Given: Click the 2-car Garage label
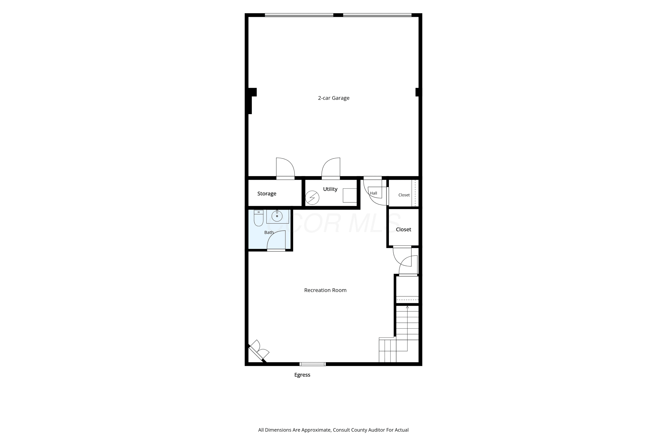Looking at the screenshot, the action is (x=333, y=98).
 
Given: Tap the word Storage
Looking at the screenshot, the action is (x=267, y=194).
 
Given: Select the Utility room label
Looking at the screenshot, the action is (x=330, y=189).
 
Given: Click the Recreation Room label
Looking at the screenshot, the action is (x=325, y=290).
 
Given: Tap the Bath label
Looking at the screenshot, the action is (x=269, y=233).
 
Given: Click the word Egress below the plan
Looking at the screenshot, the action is (x=302, y=375).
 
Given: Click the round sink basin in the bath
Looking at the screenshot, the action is (x=277, y=216).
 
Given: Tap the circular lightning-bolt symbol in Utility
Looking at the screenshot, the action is (x=312, y=198).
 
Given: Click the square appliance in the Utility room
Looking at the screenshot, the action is (x=350, y=195).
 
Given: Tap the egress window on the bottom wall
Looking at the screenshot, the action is (x=313, y=364).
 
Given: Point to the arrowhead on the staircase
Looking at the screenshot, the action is (x=407, y=307).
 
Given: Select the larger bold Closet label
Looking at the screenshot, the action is (x=403, y=229).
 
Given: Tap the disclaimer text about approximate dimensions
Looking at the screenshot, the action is (x=333, y=430).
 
